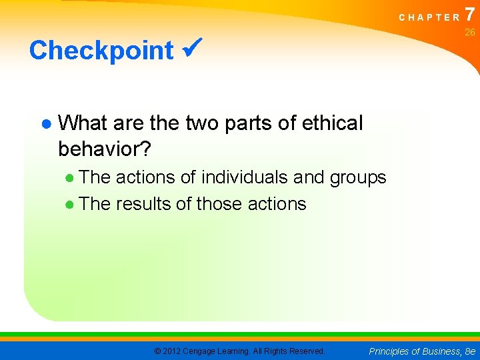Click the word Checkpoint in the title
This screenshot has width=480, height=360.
coord(101,51)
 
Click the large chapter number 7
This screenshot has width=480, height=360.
coord(471,13)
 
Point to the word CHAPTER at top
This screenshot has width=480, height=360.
coord(429,18)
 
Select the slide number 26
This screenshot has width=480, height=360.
coord(470,32)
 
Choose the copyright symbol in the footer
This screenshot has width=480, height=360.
coord(157,351)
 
